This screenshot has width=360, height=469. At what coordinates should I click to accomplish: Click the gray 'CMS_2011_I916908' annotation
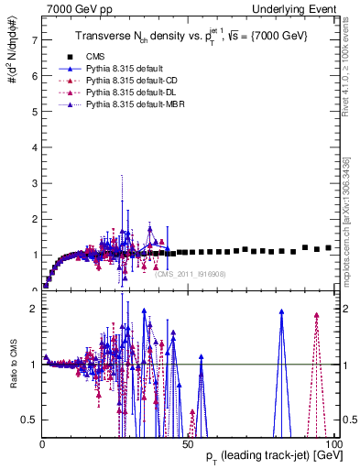191,274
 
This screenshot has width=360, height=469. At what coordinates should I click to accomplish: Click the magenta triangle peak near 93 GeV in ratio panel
316,316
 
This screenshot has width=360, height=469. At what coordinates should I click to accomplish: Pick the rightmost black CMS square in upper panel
328,247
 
